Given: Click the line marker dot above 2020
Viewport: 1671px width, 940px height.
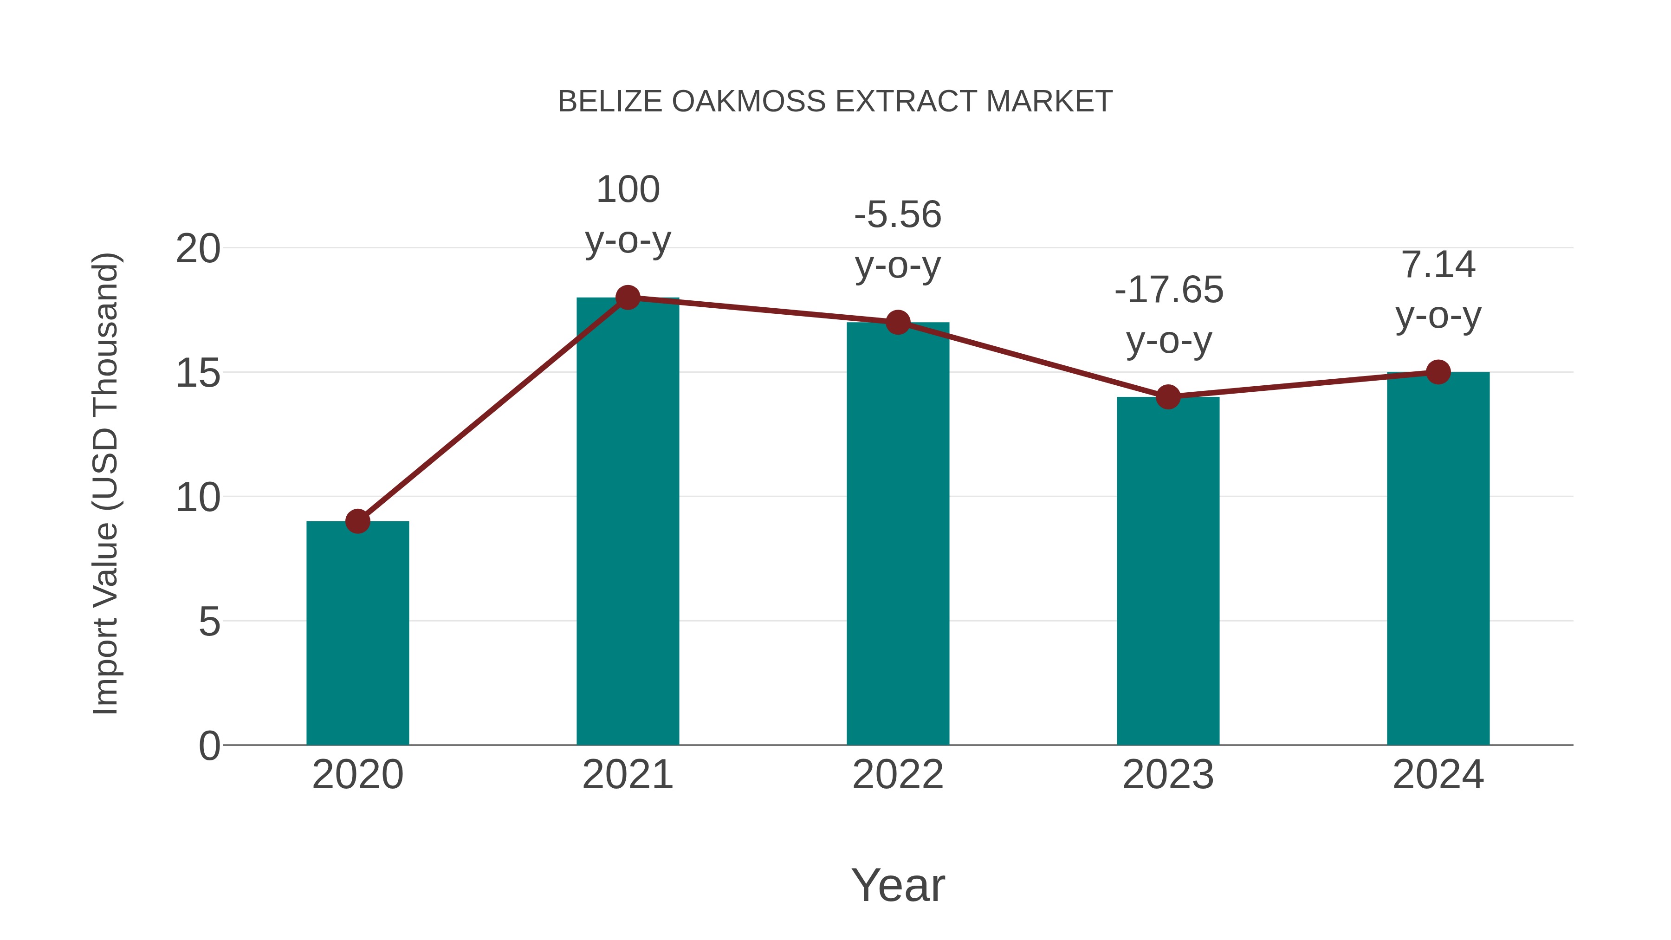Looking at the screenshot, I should point(357,521).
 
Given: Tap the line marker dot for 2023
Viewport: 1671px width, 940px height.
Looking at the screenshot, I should point(1168,396).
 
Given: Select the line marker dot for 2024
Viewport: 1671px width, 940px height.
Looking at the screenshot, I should point(1438,372).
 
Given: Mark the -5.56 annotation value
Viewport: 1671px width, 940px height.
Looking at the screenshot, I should point(898,215).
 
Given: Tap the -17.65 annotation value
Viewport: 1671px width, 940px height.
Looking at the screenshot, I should point(1168,290).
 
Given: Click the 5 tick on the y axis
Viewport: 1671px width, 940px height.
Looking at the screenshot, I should point(209,622).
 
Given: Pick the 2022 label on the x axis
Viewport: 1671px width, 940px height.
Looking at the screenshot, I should point(898,775).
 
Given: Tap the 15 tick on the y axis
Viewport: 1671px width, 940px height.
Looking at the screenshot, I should point(198,374).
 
